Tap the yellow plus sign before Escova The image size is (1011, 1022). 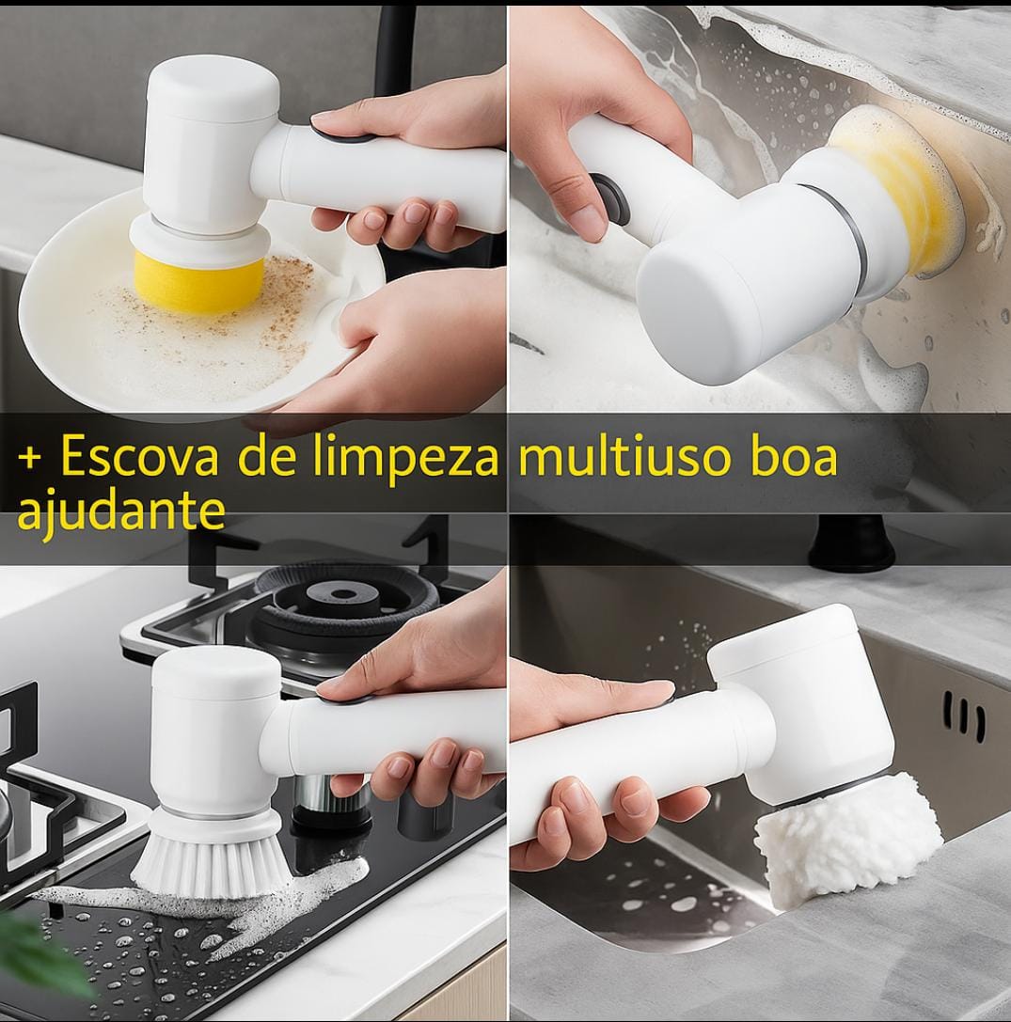tap(30, 459)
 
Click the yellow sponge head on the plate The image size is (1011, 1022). tap(198, 278)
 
